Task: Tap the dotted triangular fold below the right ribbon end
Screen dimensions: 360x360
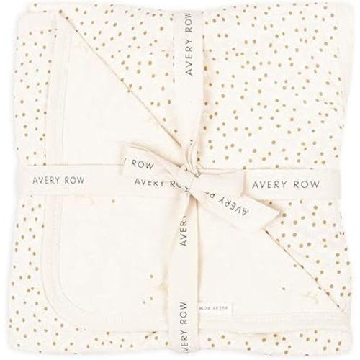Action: click(x=288, y=245)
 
